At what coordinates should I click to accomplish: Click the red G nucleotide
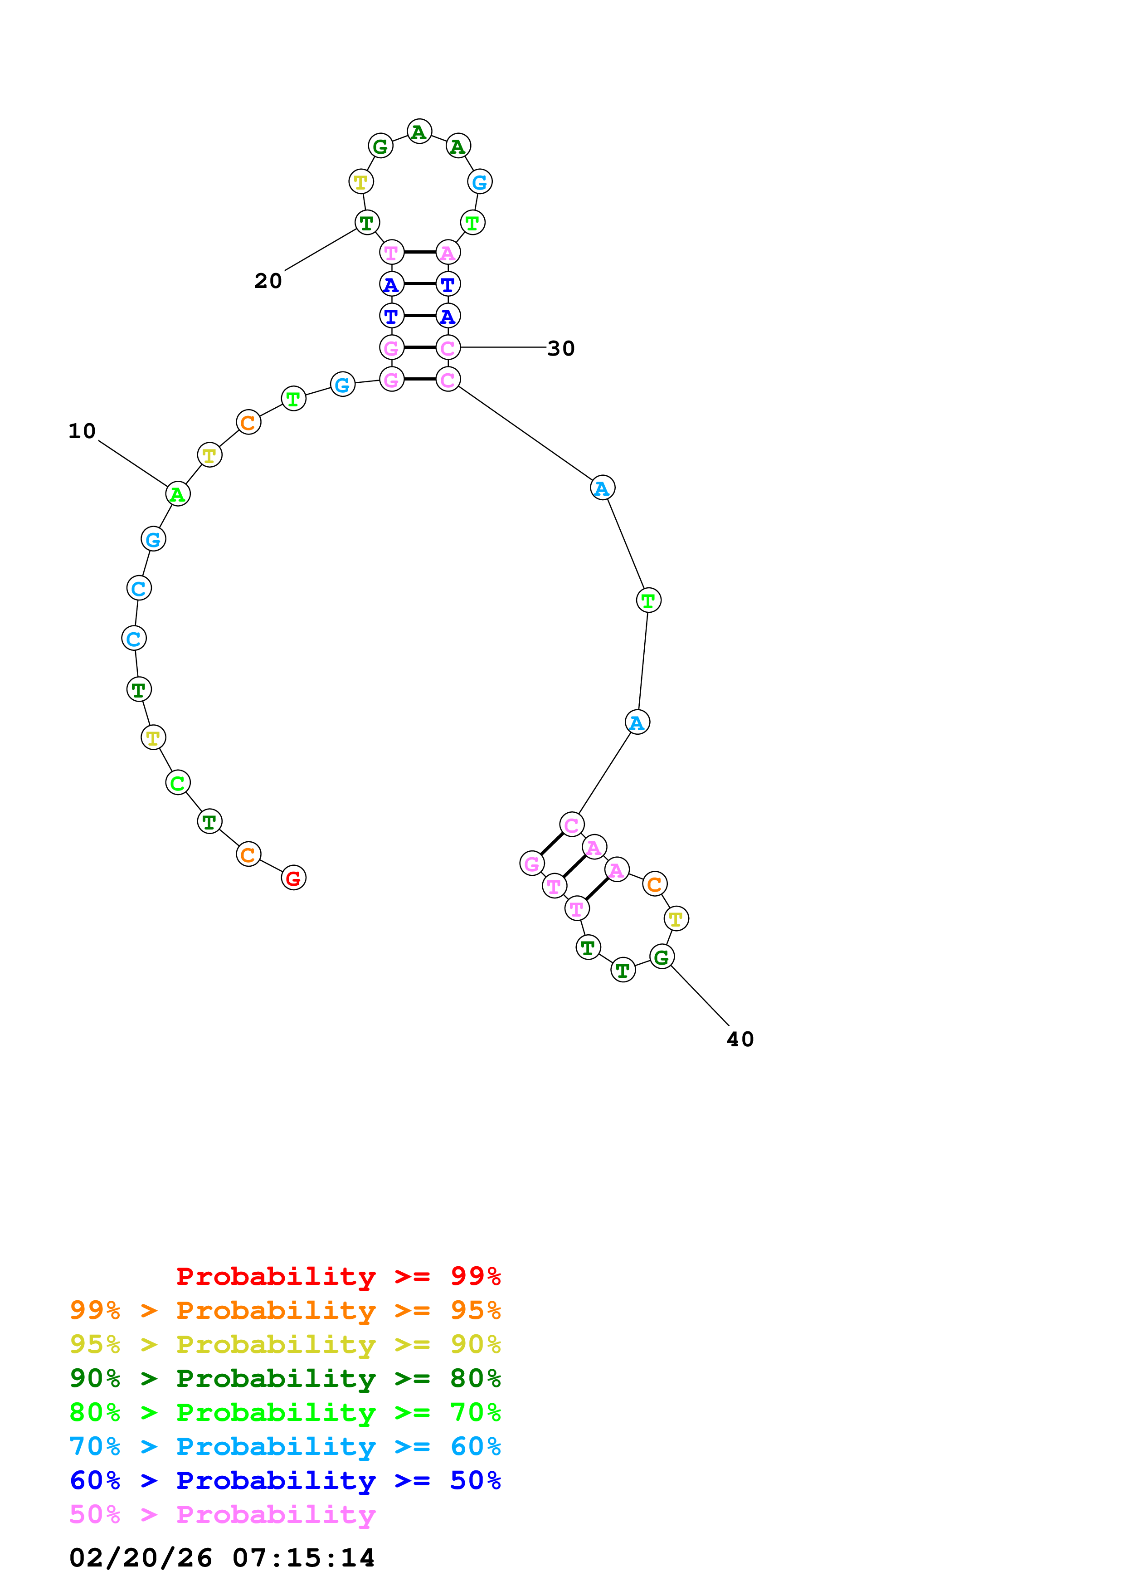294,878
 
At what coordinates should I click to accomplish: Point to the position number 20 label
268,281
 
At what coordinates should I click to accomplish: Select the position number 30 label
561,349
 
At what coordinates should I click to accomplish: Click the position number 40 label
740,1040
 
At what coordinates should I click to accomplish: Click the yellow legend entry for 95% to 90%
285,1344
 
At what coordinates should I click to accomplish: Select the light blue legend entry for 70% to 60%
285,1446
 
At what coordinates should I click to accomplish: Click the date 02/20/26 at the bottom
141,1558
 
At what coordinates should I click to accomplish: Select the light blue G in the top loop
479,182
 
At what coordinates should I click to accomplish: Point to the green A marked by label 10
178,494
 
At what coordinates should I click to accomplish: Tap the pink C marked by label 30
448,348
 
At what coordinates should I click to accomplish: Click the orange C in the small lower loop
654,884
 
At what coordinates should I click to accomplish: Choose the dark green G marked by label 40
662,958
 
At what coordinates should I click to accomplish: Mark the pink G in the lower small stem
532,864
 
